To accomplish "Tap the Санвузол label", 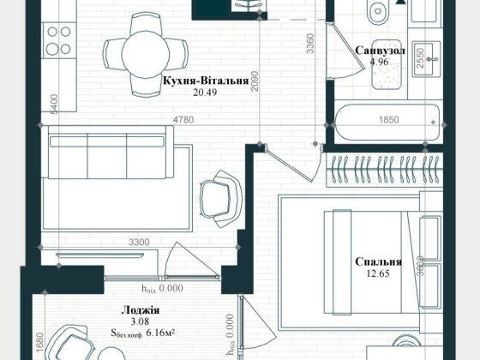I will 380,51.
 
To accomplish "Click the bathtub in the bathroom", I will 386,123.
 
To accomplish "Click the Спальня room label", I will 379,262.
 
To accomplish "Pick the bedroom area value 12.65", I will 379,274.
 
